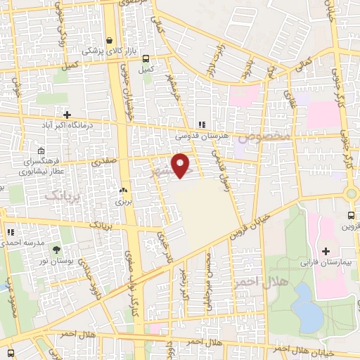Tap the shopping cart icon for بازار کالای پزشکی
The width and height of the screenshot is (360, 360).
point(109,41)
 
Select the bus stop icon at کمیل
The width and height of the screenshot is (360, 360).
point(146,59)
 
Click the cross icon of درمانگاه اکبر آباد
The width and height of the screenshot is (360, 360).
point(67,114)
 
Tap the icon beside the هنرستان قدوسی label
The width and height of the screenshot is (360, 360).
point(202,124)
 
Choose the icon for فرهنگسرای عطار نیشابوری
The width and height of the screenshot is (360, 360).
point(41,150)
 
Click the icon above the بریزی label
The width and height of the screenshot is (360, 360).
point(124,190)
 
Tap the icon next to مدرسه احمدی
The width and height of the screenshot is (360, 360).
point(10,232)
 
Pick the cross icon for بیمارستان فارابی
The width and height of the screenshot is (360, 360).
point(326,250)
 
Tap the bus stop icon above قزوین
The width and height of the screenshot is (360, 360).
point(351,215)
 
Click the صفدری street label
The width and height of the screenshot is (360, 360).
point(104,162)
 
